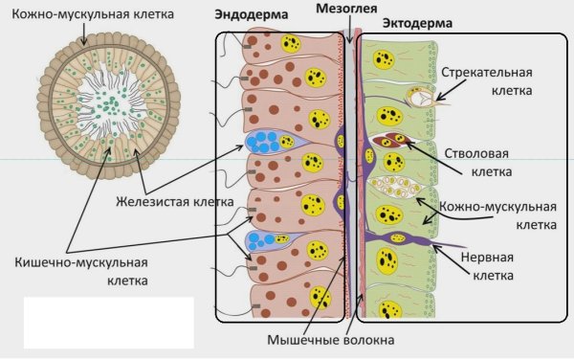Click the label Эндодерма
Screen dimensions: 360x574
tap(251, 16)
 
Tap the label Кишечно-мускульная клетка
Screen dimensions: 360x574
tap(81, 271)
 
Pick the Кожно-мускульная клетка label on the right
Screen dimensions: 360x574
tap(502, 216)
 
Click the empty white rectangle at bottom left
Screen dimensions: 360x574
tap(107, 322)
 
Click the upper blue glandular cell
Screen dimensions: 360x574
tap(267, 141)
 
